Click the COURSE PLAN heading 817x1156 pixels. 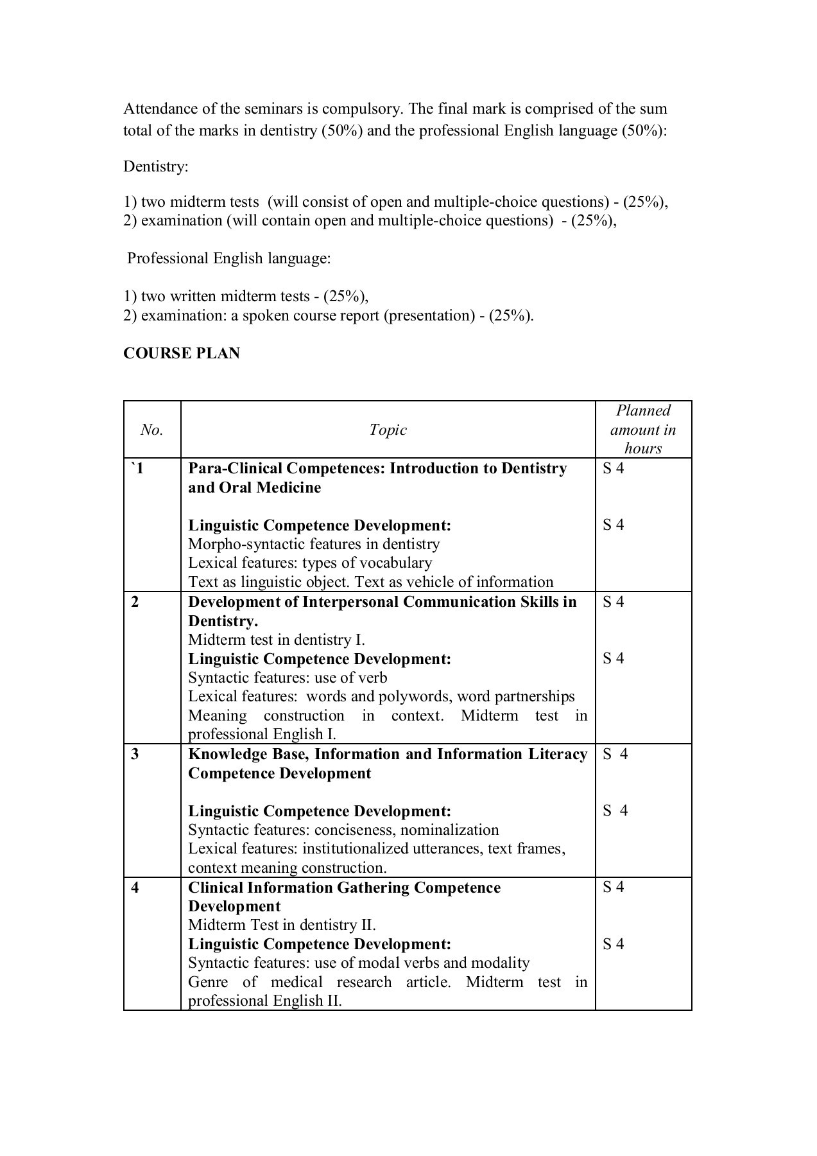181,353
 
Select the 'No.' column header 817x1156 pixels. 151,430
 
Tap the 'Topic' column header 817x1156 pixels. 388,430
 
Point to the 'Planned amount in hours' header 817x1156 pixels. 643,430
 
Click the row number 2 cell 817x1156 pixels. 135,602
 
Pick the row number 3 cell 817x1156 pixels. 135,754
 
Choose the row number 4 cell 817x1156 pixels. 135,888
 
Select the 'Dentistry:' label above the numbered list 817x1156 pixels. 156,166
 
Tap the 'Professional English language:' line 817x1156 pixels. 229,258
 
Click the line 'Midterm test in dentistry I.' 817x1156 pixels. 276,640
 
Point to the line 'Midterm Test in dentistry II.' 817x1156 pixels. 282,925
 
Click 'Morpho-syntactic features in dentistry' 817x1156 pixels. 314,544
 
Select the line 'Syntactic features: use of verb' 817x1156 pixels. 288,678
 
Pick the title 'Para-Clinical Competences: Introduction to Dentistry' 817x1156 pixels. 377,468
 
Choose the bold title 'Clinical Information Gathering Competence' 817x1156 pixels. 344,888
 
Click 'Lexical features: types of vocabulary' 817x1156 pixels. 310,563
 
